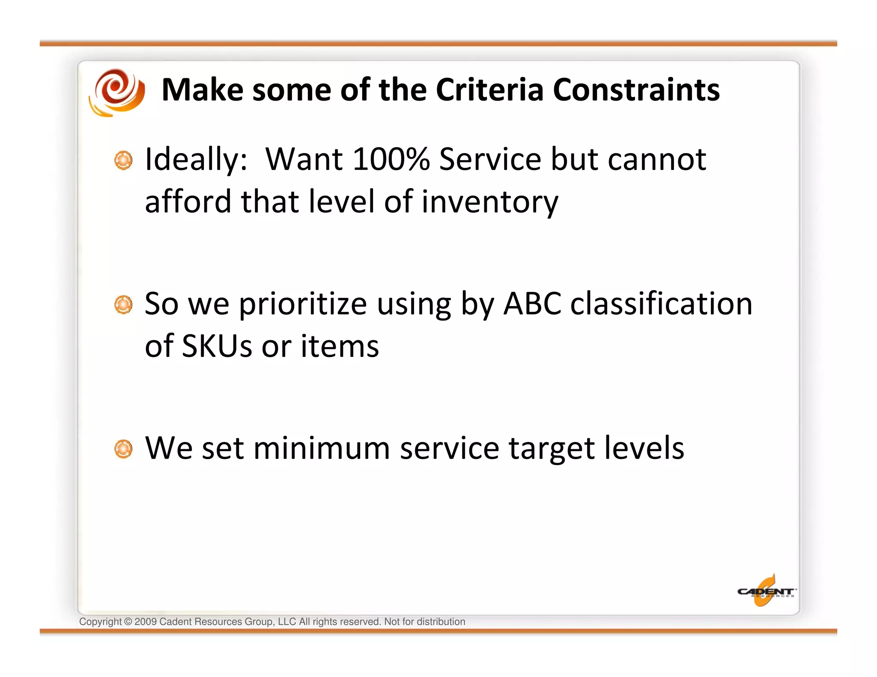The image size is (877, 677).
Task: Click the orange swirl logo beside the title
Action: pyautogui.click(x=117, y=92)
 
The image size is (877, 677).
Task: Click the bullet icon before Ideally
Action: pyautogui.click(x=123, y=160)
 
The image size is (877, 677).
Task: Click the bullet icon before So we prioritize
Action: pyautogui.click(x=123, y=305)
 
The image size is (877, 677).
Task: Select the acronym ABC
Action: pyautogui.click(x=532, y=304)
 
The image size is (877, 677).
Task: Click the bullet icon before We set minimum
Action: pyautogui.click(x=123, y=449)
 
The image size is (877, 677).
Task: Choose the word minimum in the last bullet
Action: pyautogui.click(x=321, y=448)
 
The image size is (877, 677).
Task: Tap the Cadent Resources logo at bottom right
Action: pyautogui.click(x=766, y=591)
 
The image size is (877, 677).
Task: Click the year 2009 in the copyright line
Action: pyautogui.click(x=145, y=622)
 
